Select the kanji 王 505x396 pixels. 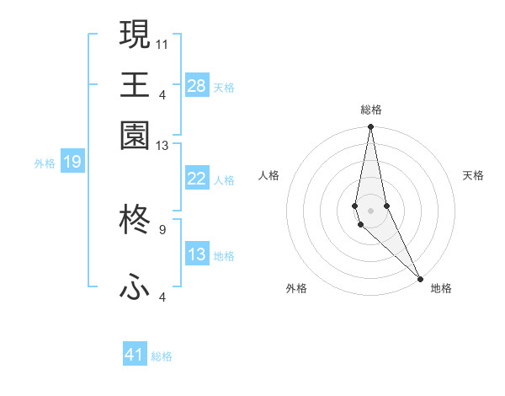135,84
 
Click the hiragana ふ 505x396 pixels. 135,288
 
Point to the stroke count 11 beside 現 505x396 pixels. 162,43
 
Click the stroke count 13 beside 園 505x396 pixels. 162,146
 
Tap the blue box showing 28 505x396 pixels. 197,85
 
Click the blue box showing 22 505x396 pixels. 197,179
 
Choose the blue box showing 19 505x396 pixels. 72,162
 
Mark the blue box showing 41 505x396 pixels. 135,355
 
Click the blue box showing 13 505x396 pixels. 197,254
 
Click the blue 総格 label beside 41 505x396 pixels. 162,356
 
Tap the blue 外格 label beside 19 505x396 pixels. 45,163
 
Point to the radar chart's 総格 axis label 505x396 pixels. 370,110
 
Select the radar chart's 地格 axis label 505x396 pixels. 441,288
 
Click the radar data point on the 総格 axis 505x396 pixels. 370,127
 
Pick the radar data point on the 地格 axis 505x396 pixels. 421,276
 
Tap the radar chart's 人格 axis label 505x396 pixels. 269,175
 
